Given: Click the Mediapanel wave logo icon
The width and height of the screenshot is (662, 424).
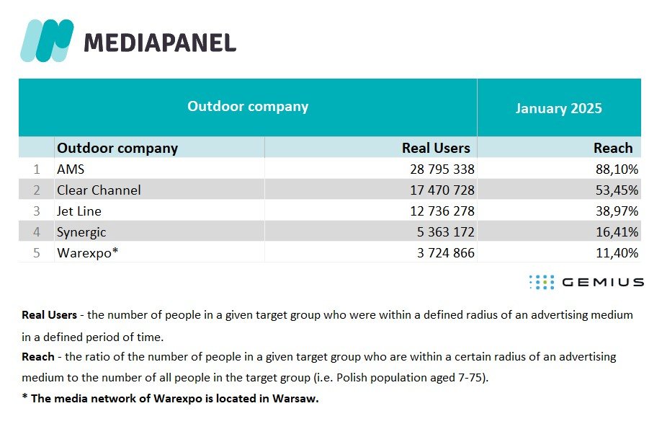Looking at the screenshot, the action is click(x=47, y=40).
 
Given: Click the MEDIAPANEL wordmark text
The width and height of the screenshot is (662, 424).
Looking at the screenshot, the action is click(x=160, y=43).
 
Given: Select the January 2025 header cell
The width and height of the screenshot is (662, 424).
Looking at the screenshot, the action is click(x=558, y=108).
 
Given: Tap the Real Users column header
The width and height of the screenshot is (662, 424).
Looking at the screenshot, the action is click(x=436, y=148).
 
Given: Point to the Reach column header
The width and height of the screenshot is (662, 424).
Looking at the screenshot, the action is click(x=613, y=148).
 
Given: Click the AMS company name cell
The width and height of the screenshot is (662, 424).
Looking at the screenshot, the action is click(x=71, y=169).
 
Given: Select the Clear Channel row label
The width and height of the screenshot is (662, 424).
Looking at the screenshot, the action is click(x=99, y=190).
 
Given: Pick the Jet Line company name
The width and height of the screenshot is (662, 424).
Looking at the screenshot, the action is click(x=79, y=211).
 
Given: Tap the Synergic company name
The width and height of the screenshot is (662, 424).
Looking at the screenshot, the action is click(x=81, y=232).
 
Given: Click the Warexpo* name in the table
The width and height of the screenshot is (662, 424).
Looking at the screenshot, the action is click(x=87, y=253).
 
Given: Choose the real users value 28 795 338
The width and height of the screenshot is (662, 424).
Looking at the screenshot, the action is click(x=442, y=169).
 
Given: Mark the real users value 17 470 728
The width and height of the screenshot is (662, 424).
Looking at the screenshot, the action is click(x=442, y=190).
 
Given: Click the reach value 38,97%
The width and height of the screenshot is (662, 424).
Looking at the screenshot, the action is click(x=617, y=211).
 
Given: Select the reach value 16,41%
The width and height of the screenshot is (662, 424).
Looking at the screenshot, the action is click(x=617, y=232).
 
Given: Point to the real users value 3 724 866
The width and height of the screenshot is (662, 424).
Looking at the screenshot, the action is click(x=445, y=253).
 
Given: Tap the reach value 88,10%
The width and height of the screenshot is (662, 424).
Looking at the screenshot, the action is click(x=617, y=169).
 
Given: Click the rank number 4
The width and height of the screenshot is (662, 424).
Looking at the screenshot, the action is click(x=37, y=232).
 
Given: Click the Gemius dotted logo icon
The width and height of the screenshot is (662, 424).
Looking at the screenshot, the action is click(x=542, y=282).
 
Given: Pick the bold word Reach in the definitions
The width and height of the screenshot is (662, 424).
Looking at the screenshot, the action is click(x=38, y=357).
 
